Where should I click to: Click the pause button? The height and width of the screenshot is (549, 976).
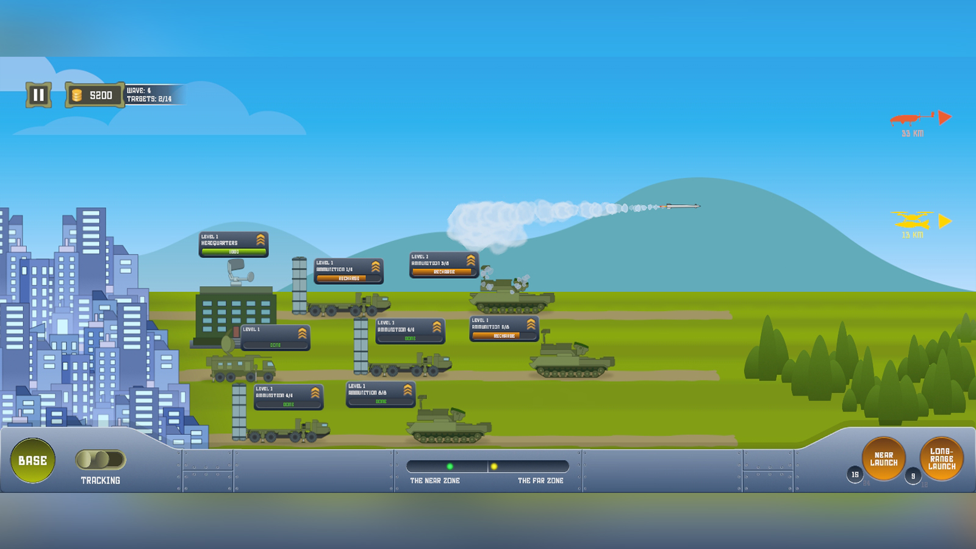coord(38,95)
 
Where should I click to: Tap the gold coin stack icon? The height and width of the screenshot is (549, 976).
coord(77,95)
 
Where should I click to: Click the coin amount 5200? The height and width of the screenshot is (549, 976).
coord(101,95)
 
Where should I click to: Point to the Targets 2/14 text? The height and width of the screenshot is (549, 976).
coord(149,99)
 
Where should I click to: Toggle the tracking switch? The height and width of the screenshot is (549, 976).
coord(101,459)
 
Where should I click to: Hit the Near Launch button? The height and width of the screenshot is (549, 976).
coord(883,459)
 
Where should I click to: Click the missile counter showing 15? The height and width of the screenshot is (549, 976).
coord(855,474)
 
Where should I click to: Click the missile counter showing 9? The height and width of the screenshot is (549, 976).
coord(913,476)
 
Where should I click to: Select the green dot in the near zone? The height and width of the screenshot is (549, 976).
coord(450,466)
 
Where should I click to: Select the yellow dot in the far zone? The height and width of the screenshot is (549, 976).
coord(494,466)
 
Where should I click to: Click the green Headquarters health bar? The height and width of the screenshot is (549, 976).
coord(234,251)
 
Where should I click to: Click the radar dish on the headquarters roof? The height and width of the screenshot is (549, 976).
coord(238,269)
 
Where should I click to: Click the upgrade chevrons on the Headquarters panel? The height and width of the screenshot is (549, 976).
coord(260,240)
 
